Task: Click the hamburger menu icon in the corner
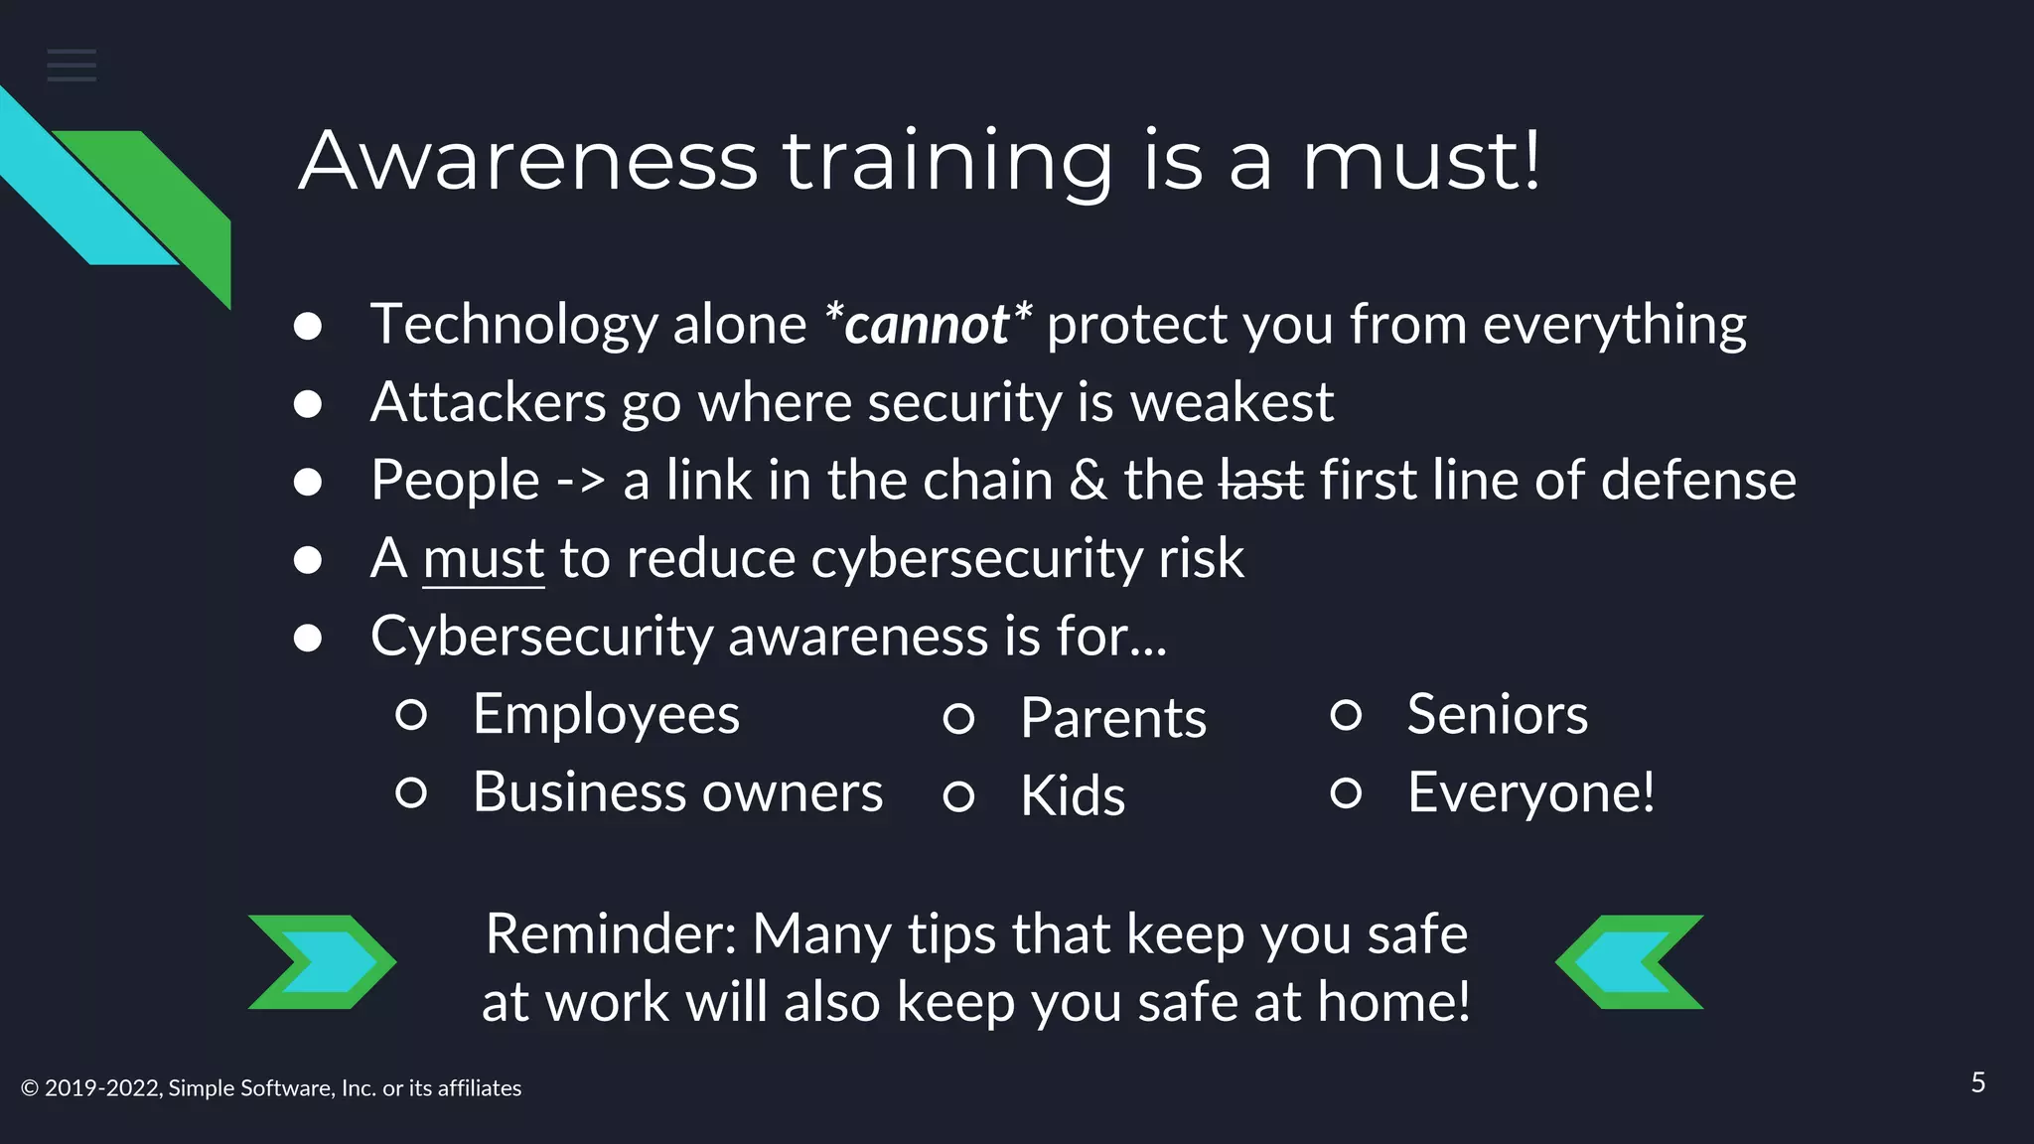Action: coord(72,66)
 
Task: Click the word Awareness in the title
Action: coord(527,161)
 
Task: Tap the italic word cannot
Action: coord(927,326)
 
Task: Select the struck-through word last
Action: coord(1260,481)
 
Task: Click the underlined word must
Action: coord(483,559)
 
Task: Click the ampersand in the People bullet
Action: coord(1088,481)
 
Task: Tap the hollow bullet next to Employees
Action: coord(411,715)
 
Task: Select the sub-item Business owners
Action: coord(677,792)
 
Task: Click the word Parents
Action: coord(1112,718)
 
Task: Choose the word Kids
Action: coord(1073,796)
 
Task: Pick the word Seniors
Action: coord(1497,715)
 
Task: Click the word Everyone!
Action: coord(1530,792)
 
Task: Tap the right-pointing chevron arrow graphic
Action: coord(322,961)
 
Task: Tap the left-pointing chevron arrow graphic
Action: coord(1629,961)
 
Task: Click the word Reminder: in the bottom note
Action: coord(610,934)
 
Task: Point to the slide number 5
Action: coord(1977,1082)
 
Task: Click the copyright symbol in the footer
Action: coord(30,1088)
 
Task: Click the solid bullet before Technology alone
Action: coord(308,327)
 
